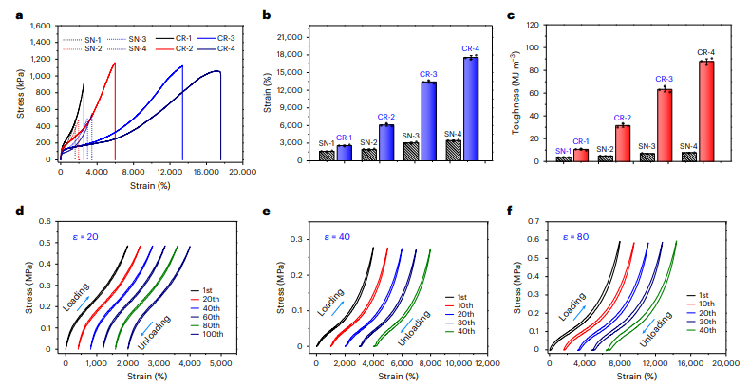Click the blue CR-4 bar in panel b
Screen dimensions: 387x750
[471, 109]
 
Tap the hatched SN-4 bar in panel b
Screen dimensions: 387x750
[453, 151]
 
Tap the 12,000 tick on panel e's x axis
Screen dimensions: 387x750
[487, 363]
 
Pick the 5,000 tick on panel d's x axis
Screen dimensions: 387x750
[220, 363]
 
